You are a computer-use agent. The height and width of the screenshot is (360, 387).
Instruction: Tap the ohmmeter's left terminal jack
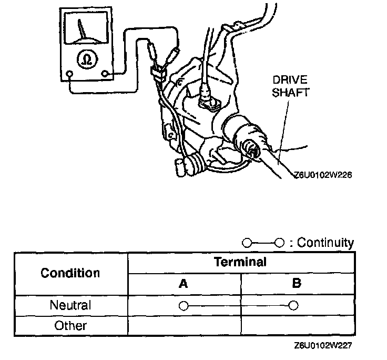pos(69,74)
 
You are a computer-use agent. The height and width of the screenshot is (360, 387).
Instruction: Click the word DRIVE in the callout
pos(289,79)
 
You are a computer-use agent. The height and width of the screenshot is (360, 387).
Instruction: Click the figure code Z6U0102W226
pos(323,176)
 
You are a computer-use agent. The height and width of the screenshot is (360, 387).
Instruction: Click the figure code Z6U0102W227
pos(323,346)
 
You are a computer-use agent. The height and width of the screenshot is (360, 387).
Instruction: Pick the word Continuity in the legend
pos(325,243)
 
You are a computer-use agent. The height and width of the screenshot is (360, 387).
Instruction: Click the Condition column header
pos(70,273)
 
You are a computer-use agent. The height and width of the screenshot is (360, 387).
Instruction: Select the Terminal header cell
pos(240,262)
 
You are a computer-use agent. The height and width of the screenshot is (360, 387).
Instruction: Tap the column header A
pos(184,284)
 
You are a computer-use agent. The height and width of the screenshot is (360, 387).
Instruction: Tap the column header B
pos(297,284)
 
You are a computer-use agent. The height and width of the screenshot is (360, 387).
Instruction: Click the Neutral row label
pos(70,305)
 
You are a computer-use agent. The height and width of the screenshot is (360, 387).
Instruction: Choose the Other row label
pos(70,325)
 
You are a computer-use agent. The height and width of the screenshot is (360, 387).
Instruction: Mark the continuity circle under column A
pos(183,306)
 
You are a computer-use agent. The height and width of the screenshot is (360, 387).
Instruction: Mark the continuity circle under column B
pos(294,305)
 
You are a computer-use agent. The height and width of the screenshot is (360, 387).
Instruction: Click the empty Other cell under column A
pos(184,325)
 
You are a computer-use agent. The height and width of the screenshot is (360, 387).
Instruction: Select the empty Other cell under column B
pos(297,325)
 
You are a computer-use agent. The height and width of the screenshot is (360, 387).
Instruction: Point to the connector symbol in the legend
pos(263,243)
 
